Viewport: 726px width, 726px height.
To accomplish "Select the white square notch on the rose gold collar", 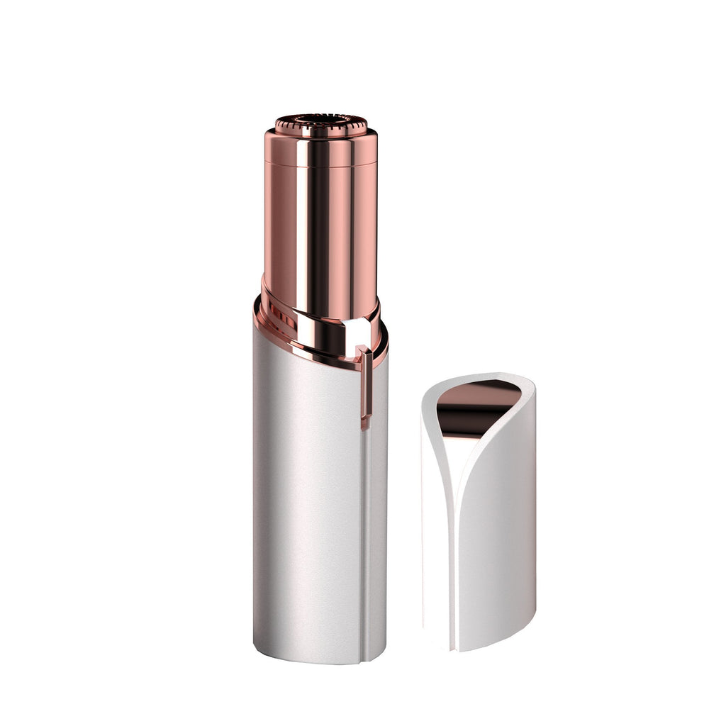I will (x=356, y=333).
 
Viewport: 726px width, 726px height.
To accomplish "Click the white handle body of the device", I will (x=305, y=496).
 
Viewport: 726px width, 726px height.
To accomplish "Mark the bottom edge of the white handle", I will (x=319, y=661).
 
